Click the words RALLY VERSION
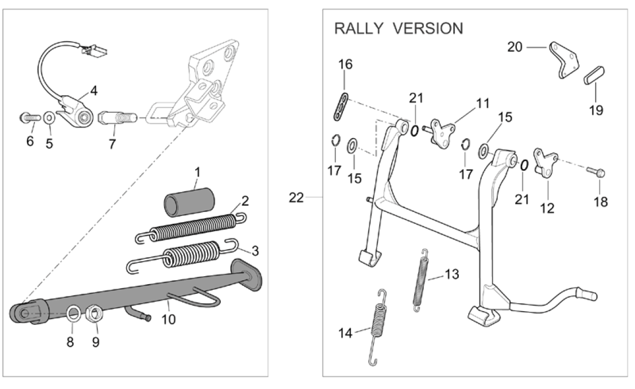[399, 28]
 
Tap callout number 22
[296, 198]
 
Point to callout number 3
[240, 249]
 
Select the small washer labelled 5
[50, 118]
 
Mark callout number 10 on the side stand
[168, 320]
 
